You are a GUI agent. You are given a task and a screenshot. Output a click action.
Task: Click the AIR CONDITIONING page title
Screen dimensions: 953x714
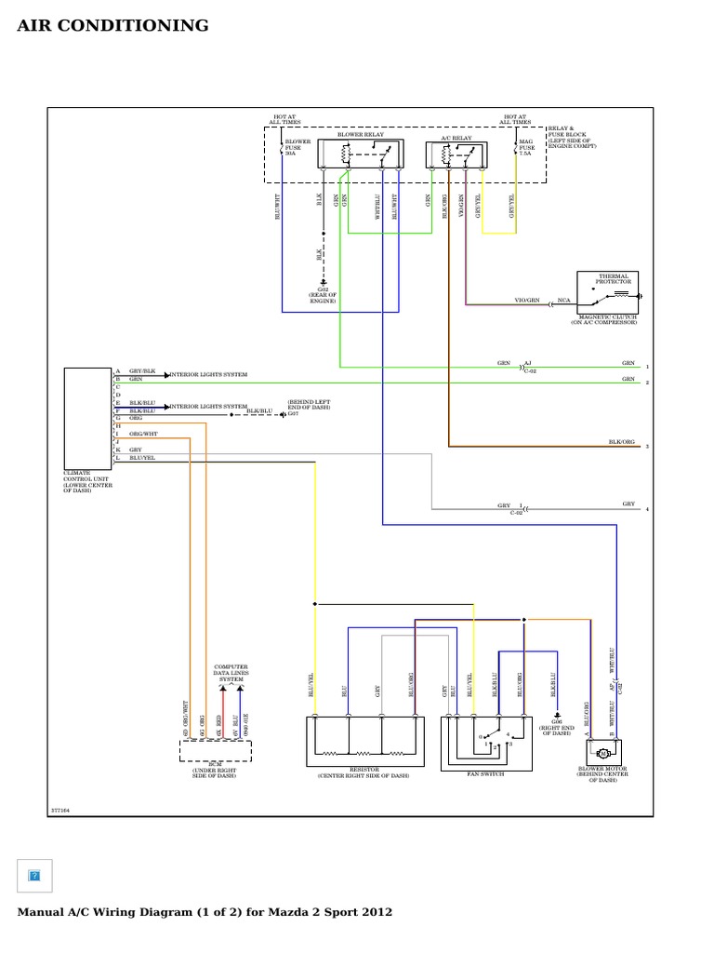pyautogui.click(x=113, y=26)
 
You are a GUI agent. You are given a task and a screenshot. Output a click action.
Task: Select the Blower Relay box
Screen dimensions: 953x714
pyautogui.click(x=361, y=154)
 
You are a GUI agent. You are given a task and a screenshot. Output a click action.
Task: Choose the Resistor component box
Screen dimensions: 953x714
pyautogui.click(x=363, y=742)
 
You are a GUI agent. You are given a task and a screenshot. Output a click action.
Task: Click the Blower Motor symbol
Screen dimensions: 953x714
pyautogui.click(x=603, y=751)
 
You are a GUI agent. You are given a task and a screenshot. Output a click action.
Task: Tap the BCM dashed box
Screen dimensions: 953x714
pyautogui.click(x=215, y=751)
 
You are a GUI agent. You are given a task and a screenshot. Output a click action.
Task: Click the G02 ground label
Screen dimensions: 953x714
pyautogui.click(x=323, y=296)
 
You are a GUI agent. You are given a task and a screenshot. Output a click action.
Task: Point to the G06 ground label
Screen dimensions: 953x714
pyautogui.click(x=556, y=727)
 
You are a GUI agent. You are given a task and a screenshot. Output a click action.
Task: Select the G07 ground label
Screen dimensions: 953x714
pyautogui.click(x=293, y=413)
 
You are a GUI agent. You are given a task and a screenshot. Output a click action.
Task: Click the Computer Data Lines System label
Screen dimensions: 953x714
pyautogui.click(x=231, y=674)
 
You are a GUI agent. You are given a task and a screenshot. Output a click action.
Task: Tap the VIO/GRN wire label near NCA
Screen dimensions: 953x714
pyautogui.click(x=526, y=302)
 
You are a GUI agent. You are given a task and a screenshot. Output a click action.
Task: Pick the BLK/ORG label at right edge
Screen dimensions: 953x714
pyautogui.click(x=621, y=442)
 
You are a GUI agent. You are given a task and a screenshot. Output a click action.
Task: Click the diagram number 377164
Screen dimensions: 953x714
pyautogui.click(x=60, y=811)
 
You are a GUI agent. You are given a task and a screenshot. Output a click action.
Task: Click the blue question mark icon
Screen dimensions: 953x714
pyautogui.click(x=35, y=875)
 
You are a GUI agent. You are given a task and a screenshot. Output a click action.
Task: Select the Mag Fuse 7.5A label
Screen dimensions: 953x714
pyautogui.click(x=526, y=147)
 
